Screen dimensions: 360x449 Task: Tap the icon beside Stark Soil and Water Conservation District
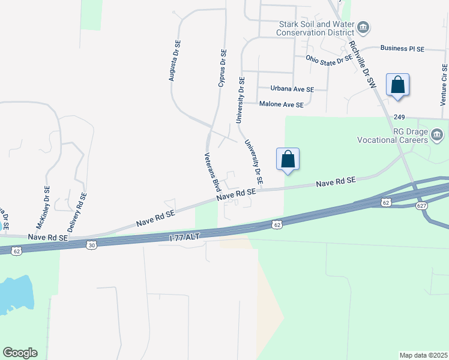click(363, 28)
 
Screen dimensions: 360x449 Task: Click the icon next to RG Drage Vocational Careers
click(437, 133)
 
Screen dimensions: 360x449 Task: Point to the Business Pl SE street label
click(402, 49)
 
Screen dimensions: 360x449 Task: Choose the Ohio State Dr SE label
click(328, 59)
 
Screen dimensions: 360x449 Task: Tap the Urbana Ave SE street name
click(292, 89)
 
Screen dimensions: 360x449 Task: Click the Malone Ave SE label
click(281, 104)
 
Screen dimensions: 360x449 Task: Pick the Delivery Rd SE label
click(77, 212)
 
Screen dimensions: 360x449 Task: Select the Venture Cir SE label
click(444, 83)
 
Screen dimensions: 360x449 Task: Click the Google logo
click(20, 353)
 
